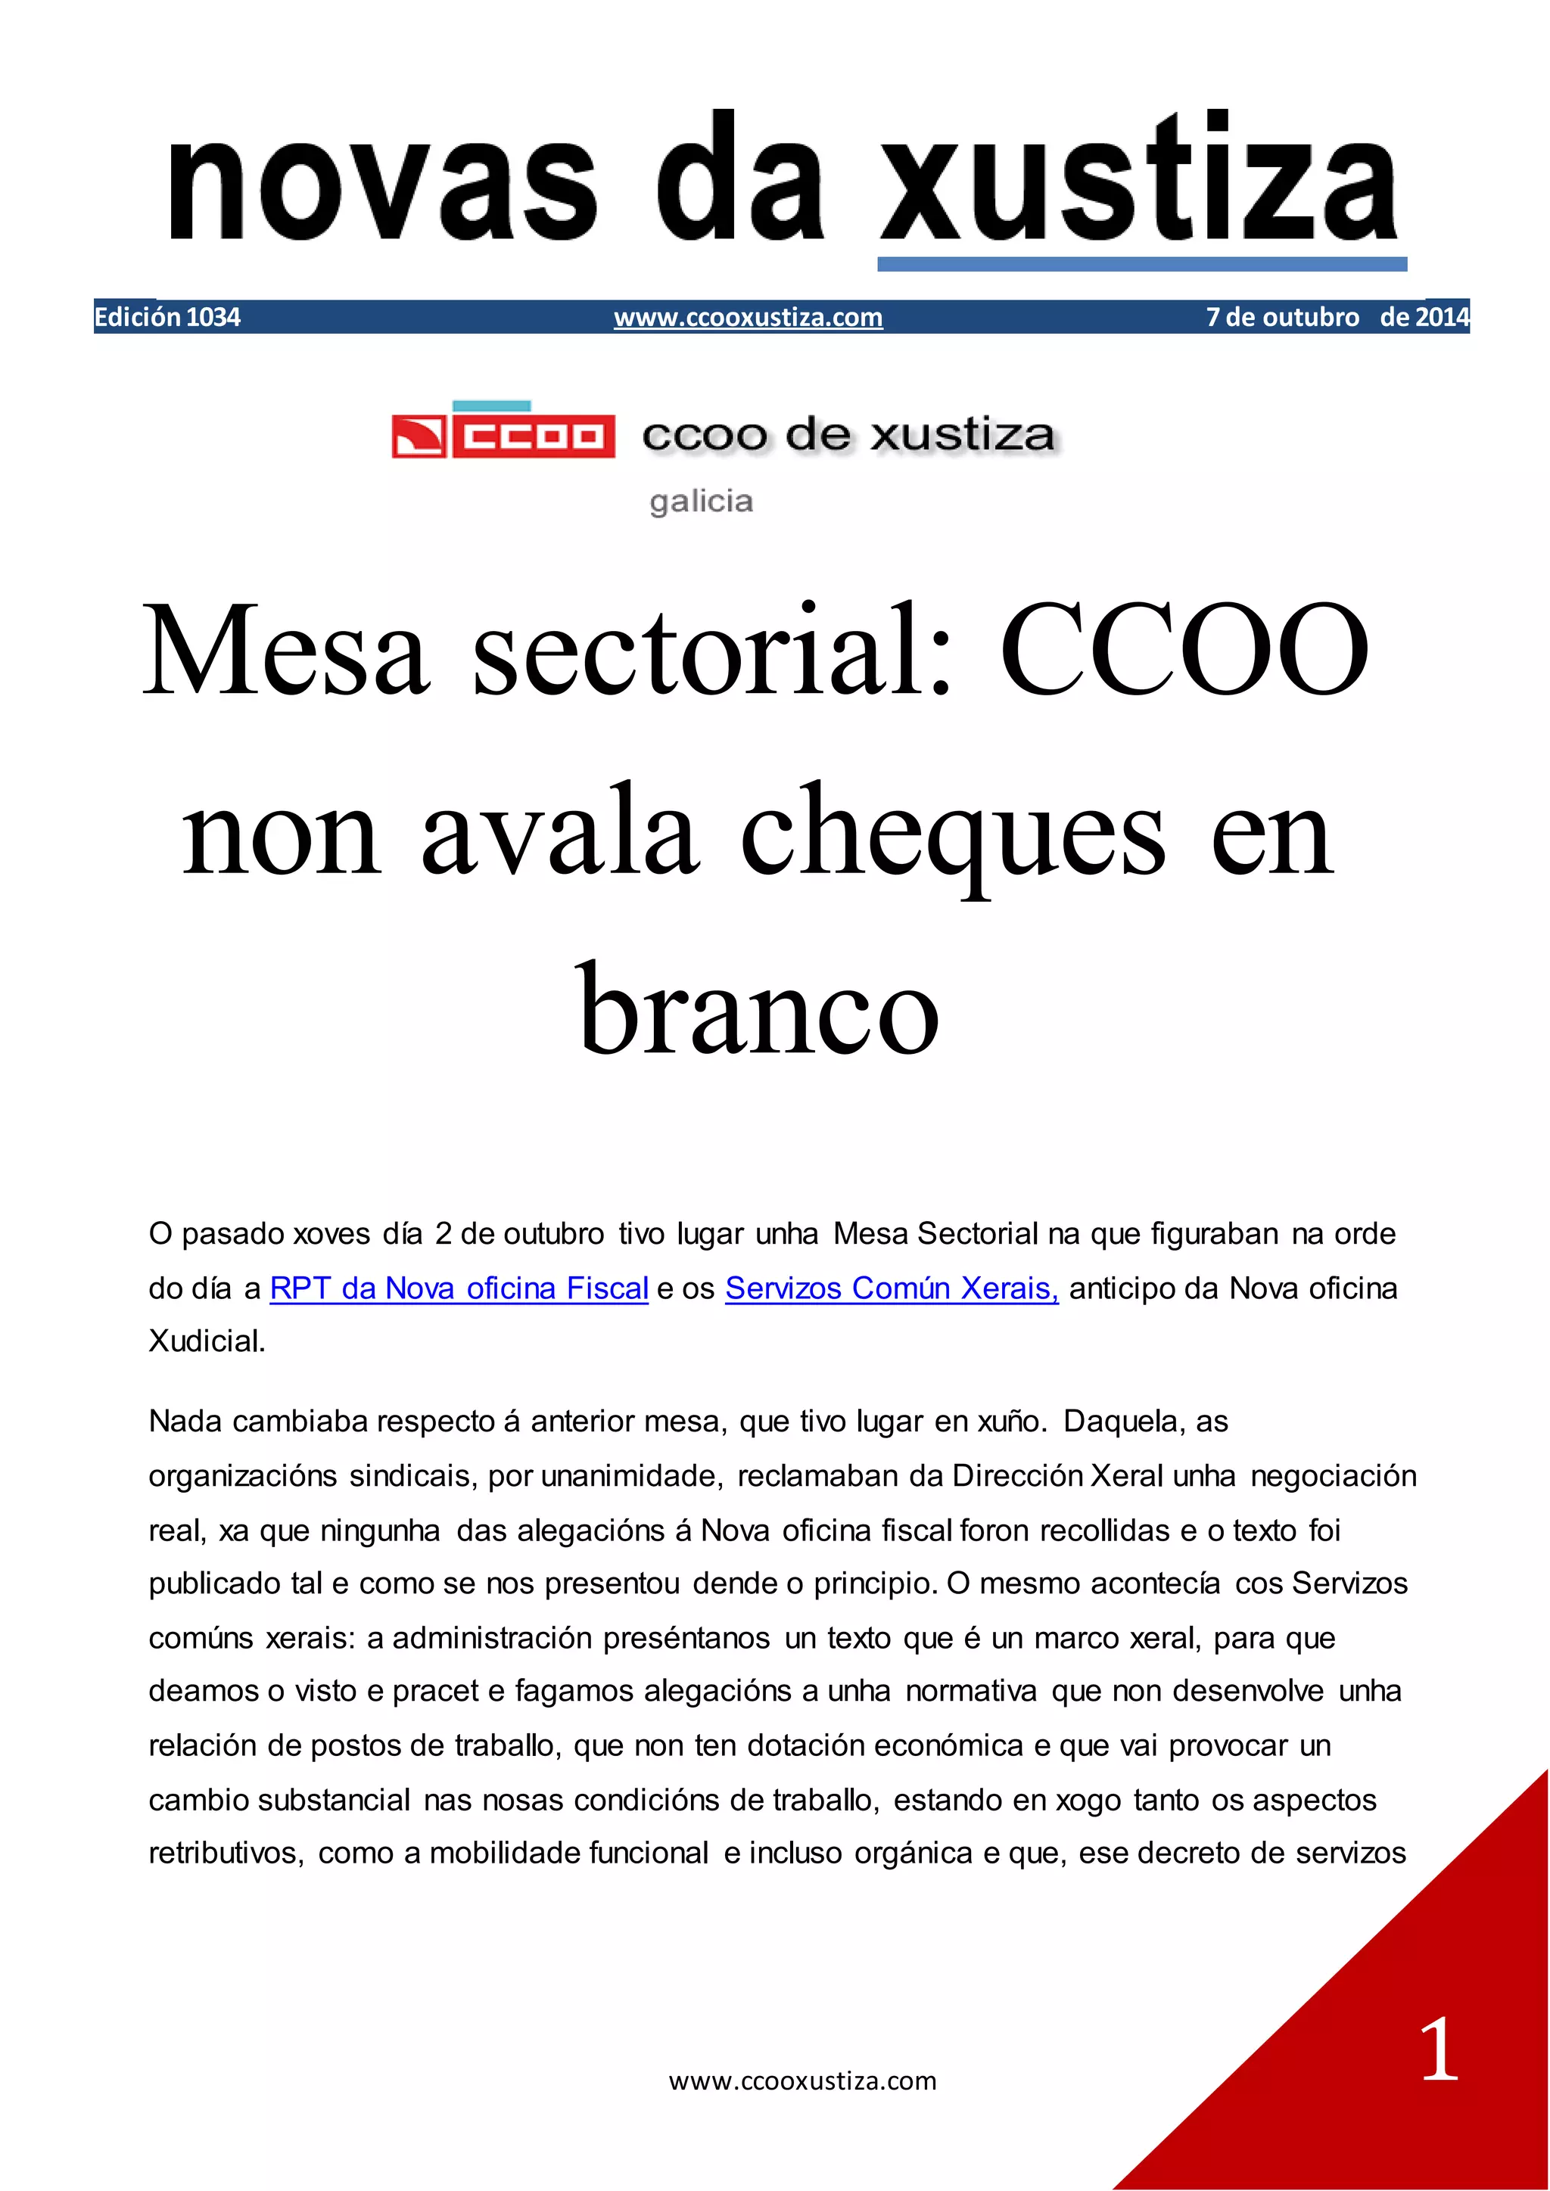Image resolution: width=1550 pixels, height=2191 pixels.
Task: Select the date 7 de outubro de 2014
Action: click(1337, 317)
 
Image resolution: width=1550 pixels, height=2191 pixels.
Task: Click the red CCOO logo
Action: click(503, 436)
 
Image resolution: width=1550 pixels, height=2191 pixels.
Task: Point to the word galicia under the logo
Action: click(701, 501)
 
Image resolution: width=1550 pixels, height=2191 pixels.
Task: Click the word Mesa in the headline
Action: click(286, 651)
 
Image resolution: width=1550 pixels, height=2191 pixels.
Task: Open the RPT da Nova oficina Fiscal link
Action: click(459, 1288)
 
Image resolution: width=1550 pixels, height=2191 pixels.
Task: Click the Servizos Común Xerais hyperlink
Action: click(892, 1288)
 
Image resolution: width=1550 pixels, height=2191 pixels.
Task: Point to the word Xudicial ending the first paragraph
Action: click(206, 1341)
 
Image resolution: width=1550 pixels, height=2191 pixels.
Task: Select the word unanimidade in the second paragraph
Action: click(630, 1476)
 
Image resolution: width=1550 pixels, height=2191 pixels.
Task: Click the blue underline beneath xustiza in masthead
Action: click(1141, 263)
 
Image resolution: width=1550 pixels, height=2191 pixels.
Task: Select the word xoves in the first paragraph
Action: click(330, 1234)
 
